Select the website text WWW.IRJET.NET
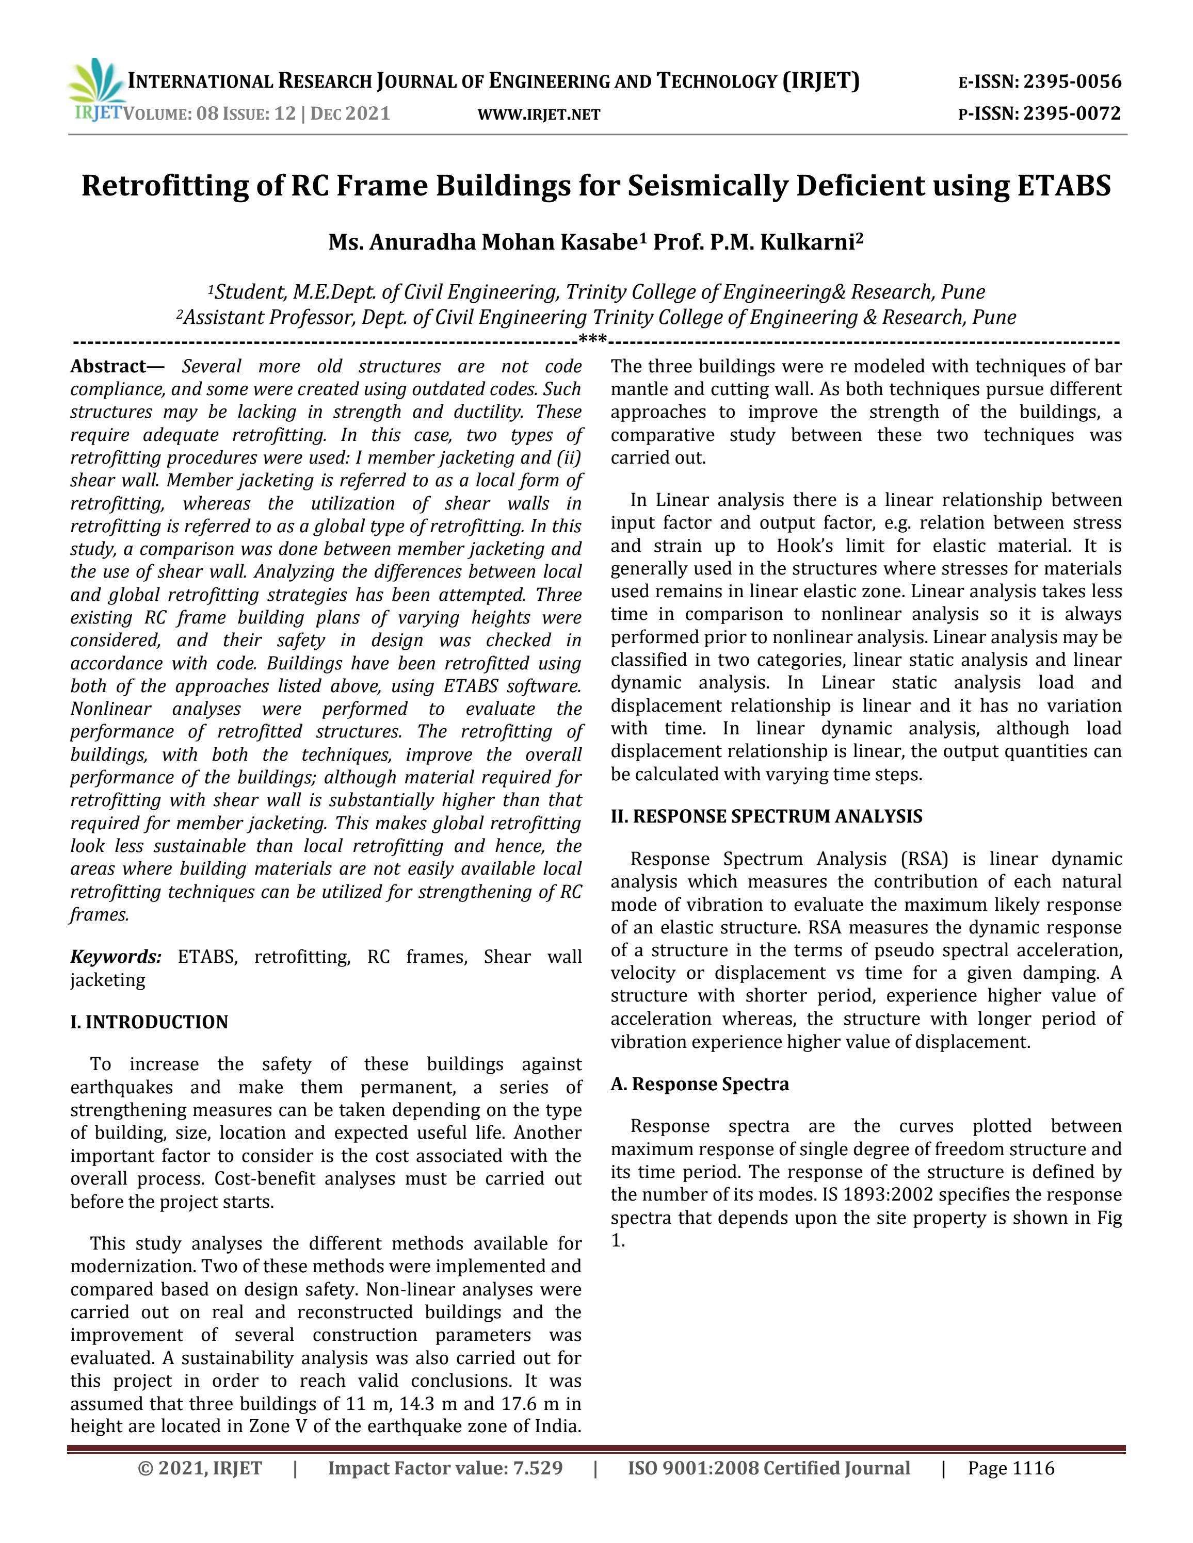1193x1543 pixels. point(539,114)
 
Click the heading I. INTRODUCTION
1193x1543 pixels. point(149,1022)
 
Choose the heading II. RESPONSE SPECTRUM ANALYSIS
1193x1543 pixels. point(766,817)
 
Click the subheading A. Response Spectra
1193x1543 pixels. point(700,1084)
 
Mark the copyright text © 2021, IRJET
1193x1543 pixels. point(200,1468)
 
